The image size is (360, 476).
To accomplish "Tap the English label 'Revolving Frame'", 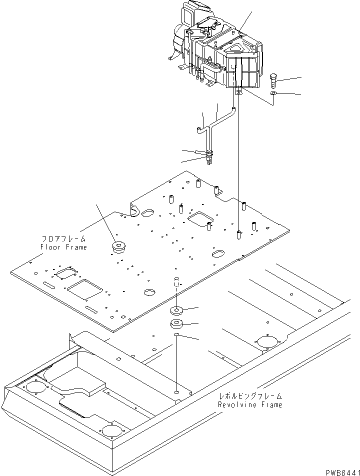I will click(250, 404).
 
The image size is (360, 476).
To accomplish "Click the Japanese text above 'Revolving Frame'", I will click(250, 396).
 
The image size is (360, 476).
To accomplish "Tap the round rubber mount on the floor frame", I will click(120, 247).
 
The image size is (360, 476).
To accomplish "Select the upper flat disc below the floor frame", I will click(176, 309).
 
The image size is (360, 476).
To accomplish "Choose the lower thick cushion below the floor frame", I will click(176, 324).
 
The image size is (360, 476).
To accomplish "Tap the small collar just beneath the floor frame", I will click(176, 278).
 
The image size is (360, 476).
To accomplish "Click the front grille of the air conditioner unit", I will click(245, 71).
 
